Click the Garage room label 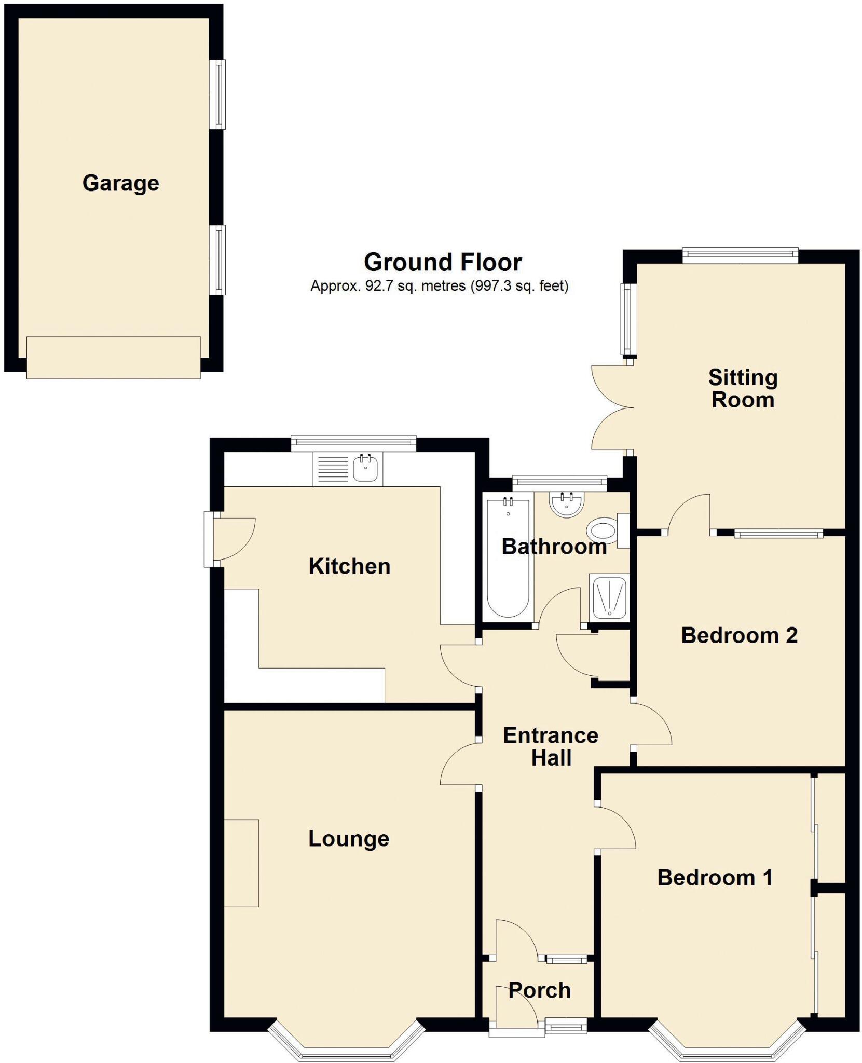coord(120,183)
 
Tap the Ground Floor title coord(442,262)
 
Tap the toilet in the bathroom coord(601,530)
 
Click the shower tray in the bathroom coord(609,597)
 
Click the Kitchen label coord(349,566)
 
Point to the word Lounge coord(349,839)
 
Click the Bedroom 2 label coord(738,635)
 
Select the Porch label coord(539,990)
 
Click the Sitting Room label coord(743,389)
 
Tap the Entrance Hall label coord(551,747)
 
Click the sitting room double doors coord(612,407)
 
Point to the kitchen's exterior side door coord(228,540)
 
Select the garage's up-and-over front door coord(113,358)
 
